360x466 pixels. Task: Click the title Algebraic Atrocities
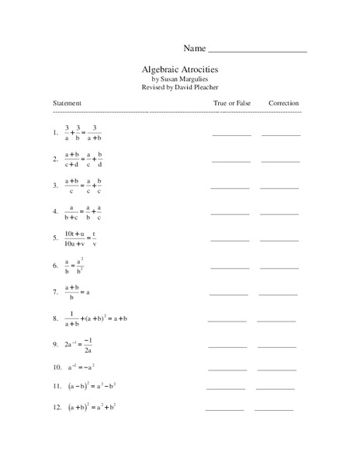coord(179,68)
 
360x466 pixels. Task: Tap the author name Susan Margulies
coord(185,78)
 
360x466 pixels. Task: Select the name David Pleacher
coord(196,88)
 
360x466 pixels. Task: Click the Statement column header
coord(67,103)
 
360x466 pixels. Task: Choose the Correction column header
coord(283,103)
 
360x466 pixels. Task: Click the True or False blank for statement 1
coord(231,134)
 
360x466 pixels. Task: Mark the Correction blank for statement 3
coord(279,188)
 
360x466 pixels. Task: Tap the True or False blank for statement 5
coord(230,240)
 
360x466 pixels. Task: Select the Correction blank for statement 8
coord(276,320)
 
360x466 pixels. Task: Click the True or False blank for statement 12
coord(224,409)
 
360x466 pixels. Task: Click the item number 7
coord(55,293)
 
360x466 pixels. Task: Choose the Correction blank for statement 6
coord(279,267)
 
